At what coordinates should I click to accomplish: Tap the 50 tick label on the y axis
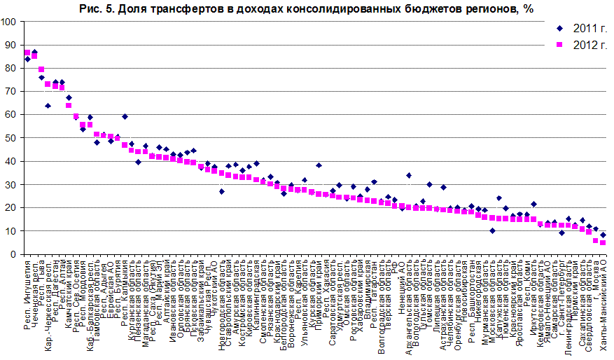click(11, 138)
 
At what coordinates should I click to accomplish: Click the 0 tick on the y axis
click(14, 254)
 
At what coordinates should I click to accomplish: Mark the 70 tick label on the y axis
click(11, 92)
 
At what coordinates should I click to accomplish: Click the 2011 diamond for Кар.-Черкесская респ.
click(48, 106)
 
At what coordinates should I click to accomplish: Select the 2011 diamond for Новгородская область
click(222, 191)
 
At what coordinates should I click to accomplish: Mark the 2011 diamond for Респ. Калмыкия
click(125, 116)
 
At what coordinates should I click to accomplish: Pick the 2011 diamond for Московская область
click(492, 230)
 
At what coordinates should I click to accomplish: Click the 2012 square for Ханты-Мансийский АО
click(603, 242)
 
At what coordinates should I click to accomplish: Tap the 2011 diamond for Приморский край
click(319, 165)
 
